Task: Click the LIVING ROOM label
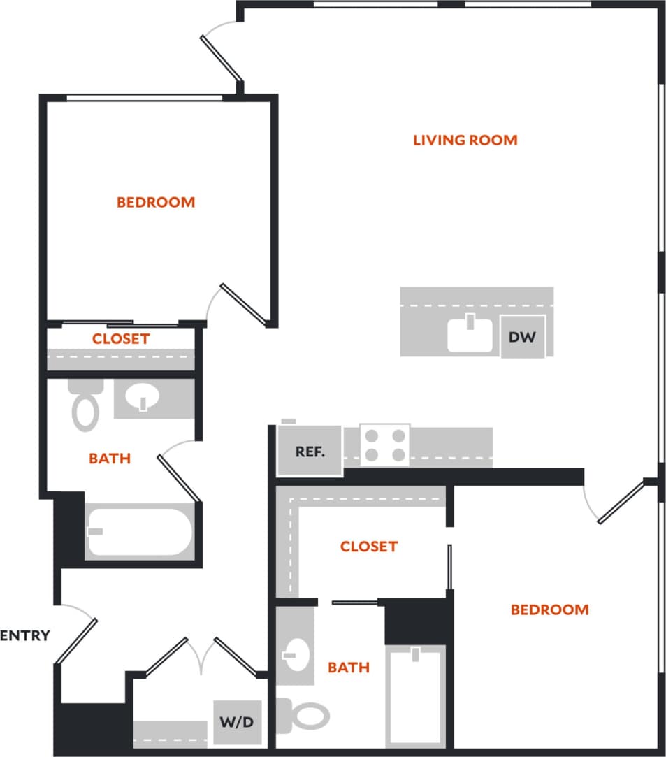pos(465,140)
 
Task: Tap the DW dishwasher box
pos(522,338)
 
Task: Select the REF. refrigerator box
pos(310,452)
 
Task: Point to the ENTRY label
pos(26,635)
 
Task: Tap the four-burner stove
pos(386,445)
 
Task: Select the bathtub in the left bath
pos(138,531)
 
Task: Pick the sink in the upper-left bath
pos(143,398)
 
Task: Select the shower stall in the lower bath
pos(416,695)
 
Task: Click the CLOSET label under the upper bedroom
pos(121,339)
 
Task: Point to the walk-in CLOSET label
pos(368,546)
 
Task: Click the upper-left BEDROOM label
pos(156,202)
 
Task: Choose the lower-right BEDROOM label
pos(549,610)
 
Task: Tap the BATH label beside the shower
pos(349,668)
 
